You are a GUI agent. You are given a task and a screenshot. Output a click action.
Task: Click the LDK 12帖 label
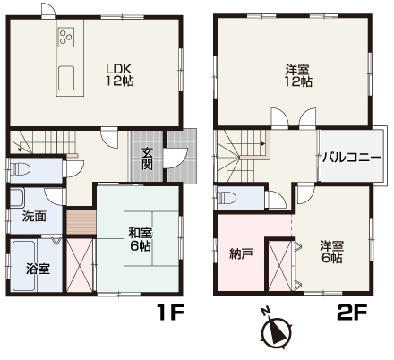click(119, 74)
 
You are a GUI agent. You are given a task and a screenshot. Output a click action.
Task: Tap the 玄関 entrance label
click(147, 159)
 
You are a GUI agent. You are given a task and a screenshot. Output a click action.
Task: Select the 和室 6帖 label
click(140, 239)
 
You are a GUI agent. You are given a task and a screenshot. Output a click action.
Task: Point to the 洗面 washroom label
click(34, 216)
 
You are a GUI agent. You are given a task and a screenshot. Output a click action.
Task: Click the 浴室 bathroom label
click(38, 269)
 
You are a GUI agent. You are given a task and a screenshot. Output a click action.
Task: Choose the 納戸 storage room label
click(242, 253)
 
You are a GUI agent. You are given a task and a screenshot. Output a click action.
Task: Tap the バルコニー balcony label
click(352, 157)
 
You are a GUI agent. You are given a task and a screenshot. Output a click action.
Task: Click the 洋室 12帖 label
click(298, 75)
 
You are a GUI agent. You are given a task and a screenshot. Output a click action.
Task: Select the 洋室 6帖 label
click(332, 252)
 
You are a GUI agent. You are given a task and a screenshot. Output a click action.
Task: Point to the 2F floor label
click(352, 313)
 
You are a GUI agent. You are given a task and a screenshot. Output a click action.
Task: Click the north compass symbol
click(276, 330)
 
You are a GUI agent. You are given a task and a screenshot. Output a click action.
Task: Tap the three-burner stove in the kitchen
click(66, 37)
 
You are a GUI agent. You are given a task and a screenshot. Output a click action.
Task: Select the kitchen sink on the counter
click(66, 78)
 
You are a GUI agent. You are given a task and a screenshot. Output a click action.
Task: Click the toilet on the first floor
click(21, 170)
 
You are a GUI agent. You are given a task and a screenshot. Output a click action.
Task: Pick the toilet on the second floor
click(227, 198)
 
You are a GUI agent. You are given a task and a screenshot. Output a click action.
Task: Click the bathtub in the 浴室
click(24, 265)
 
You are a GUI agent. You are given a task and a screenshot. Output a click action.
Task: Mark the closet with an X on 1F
click(80, 264)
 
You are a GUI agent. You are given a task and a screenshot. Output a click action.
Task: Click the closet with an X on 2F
click(279, 265)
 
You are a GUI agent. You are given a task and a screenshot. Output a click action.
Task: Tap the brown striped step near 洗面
click(81, 223)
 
